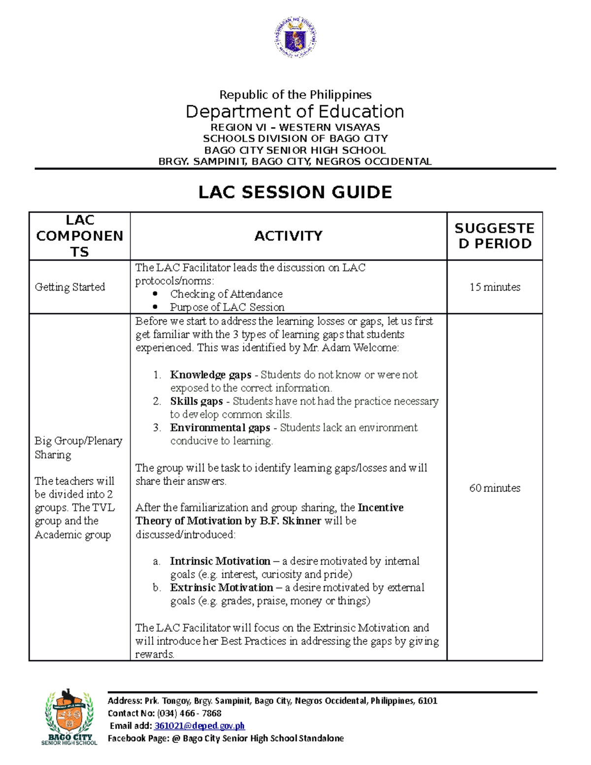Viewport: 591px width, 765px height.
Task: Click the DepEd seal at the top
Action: (x=295, y=37)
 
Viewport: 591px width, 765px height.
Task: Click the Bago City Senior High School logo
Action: (x=69, y=717)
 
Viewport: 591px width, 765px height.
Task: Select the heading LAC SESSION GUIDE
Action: (x=295, y=192)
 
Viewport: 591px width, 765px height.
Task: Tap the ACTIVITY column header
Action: (x=288, y=236)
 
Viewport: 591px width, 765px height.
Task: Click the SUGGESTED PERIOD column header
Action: (x=494, y=236)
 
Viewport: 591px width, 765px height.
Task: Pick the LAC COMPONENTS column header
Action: (x=79, y=236)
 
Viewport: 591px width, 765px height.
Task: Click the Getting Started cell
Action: (x=70, y=287)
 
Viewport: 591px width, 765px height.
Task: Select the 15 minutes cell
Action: (x=494, y=287)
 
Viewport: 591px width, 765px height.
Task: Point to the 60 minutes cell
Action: (x=494, y=488)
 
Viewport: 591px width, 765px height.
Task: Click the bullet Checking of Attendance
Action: (x=226, y=294)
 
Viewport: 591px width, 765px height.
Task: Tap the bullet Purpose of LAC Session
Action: (x=227, y=307)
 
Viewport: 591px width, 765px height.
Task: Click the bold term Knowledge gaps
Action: (x=210, y=375)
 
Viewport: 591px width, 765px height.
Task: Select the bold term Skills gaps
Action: (x=196, y=401)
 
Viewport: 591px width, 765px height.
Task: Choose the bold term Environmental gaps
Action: (x=220, y=428)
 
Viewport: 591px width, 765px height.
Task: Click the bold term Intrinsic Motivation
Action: (x=220, y=561)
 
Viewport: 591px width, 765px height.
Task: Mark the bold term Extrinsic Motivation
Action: (x=221, y=588)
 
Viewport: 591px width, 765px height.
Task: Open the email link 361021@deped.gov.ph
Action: (x=199, y=726)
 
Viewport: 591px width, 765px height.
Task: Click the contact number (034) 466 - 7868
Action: (x=189, y=713)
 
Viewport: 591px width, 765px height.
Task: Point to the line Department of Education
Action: (x=295, y=112)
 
